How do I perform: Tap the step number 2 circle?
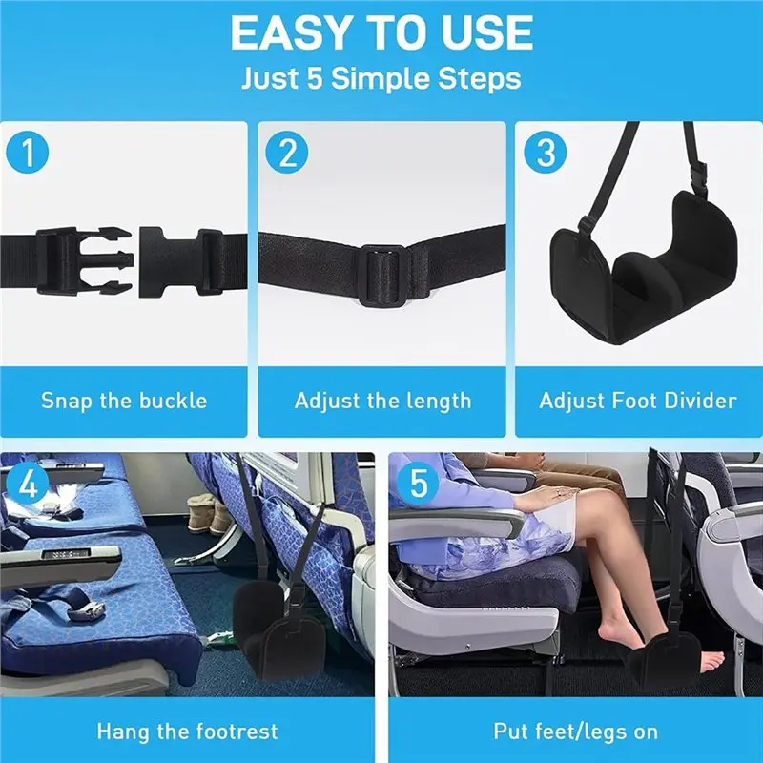[x=284, y=154]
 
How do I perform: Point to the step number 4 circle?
[x=28, y=484]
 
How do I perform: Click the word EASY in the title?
[x=286, y=33]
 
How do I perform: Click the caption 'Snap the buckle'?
[x=124, y=400]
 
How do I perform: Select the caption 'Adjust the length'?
[x=382, y=400]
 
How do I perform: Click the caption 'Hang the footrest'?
[x=187, y=732]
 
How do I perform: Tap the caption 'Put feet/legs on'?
[x=575, y=732]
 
